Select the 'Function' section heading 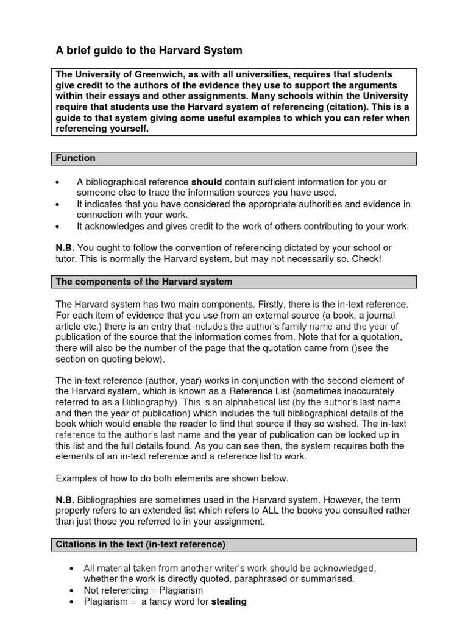76,158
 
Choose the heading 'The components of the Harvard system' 144,282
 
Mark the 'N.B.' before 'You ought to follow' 65,248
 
